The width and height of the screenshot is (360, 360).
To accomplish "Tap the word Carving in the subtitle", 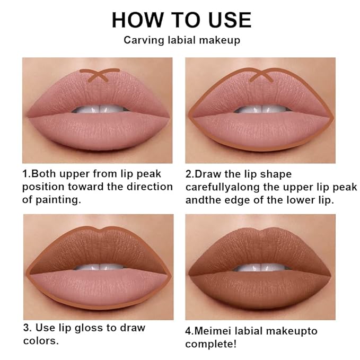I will [x=140, y=40].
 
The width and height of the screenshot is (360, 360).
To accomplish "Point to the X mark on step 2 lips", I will [x=260, y=75].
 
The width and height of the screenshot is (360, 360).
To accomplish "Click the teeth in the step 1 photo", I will [x=98, y=110].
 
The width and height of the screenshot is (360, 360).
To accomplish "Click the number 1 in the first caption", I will [x=24, y=174].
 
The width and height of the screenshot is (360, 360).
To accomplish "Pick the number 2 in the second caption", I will [x=188, y=174].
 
